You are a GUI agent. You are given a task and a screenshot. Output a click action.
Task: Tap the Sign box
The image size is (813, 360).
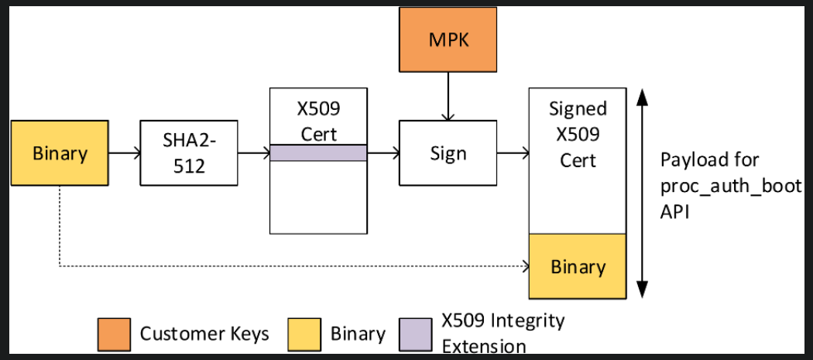click(x=448, y=153)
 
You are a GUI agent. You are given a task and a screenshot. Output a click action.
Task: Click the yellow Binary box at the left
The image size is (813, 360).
click(x=60, y=153)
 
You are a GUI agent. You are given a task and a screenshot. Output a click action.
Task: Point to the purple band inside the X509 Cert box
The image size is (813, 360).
click(x=318, y=153)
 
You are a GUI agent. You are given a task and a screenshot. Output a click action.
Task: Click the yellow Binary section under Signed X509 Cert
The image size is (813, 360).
click(x=578, y=266)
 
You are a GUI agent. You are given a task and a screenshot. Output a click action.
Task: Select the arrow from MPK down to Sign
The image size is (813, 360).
click(x=448, y=96)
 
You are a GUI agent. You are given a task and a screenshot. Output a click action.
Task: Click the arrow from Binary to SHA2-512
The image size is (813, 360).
click(x=124, y=153)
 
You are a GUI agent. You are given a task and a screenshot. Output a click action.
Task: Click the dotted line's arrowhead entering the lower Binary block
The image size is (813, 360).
click(x=525, y=267)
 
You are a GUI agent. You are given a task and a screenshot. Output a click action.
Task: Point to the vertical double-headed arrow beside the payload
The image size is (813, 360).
click(x=642, y=194)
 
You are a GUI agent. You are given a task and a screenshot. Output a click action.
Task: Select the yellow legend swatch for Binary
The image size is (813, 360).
click(x=303, y=333)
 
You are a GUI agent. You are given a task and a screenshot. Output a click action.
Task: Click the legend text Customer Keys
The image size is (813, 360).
click(x=204, y=334)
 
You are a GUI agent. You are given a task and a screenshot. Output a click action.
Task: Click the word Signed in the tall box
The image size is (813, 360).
click(x=578, y=108)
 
